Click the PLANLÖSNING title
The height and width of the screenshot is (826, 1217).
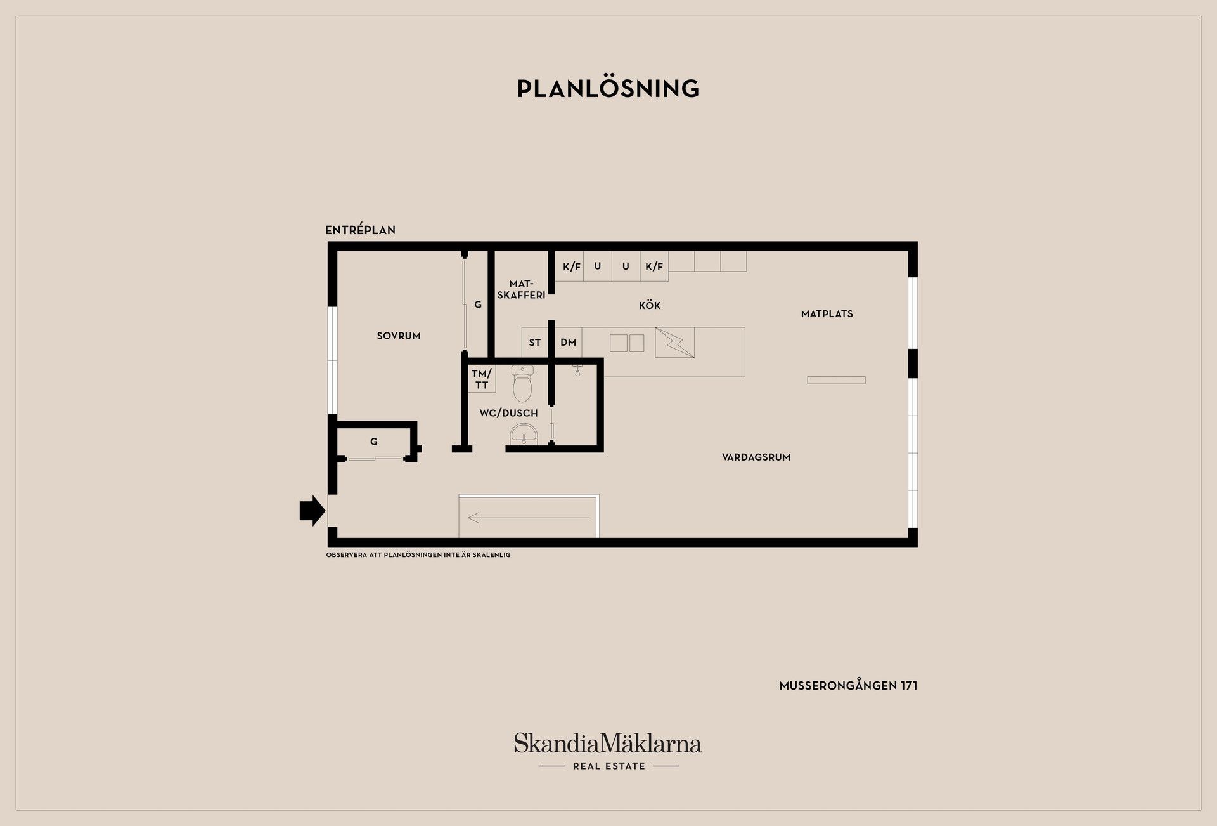tap(608, 89)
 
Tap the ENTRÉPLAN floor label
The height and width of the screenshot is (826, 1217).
tap(360, 230)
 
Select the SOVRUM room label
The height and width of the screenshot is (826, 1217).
tap(399, 336)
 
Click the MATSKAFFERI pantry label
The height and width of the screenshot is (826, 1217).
tap(521, 289)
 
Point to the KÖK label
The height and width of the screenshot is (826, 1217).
tap(650, 305)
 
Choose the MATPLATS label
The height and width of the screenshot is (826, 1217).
tap(827, 314)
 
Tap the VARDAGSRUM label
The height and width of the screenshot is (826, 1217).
tap(756, 457)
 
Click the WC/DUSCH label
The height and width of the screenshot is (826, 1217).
tap(508, 413)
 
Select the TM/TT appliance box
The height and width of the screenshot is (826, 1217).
tap(482, 379)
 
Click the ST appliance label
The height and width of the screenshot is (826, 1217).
tap(535, 343)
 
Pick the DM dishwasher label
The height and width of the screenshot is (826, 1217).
tap(569, 343)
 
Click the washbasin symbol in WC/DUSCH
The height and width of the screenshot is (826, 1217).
tap(524, 435)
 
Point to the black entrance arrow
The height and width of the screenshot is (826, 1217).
tap(312, 511)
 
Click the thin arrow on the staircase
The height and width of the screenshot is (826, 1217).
tap(529, 518)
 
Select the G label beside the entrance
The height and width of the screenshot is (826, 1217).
tap(374, 442)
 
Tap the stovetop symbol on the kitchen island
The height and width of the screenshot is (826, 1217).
tap(675, 343)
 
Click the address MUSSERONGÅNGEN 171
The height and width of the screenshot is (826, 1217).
tap(849, 686)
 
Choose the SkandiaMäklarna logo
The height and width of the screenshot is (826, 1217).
tap(608, 751)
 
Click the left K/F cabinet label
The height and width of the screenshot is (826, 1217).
tap(572, 266)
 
